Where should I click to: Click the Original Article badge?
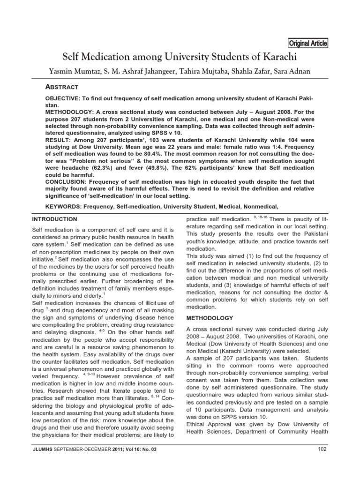[308, 44]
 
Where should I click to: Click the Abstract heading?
[61, 87]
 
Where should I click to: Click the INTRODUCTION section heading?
[54, 219]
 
